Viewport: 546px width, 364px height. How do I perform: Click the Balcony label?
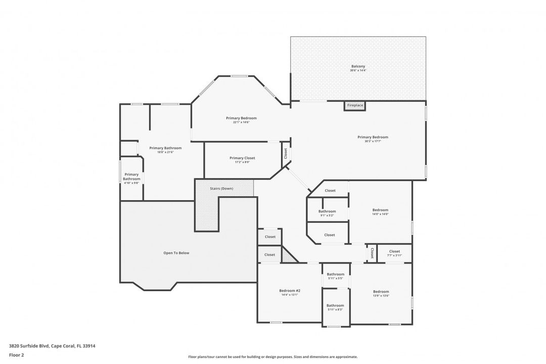pyautogui.click(x=358, y=66)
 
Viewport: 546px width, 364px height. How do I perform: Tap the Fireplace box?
pyautogui.click(x=355, y=105)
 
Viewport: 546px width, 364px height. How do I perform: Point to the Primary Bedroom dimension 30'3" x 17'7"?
pyautogui.click(x=373, y=141)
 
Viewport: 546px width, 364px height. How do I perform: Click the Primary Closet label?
pyautogui.click(x=242, y=158)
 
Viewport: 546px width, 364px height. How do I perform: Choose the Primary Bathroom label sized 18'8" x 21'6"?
pyautogui.click(x=165, y=148)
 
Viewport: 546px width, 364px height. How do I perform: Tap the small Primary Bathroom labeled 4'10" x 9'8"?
pyautogui.click(x=131, y=176)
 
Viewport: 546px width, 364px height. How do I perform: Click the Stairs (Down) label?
pyautogui.click(x=221, y=189)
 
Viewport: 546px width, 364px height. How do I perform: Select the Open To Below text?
pyautogui.click(x=176, y=253)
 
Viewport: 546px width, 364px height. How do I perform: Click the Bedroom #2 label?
pyautogui.click(x=290, y=291)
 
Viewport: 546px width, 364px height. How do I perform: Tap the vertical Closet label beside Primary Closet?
pyautogui.click(x=286, y=153)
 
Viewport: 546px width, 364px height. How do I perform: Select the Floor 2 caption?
pyautogui.click(x=16, y=355)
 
